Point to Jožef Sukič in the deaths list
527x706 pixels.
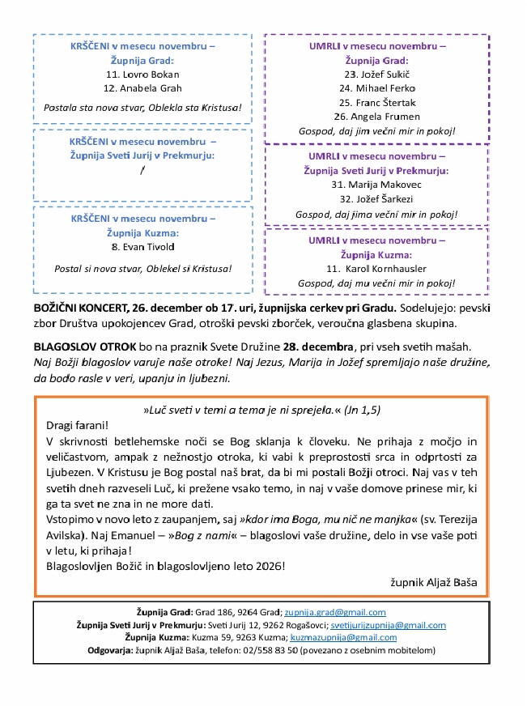coord(383,74)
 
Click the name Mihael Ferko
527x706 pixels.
coord(383,88)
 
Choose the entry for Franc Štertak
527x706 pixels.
coord(383,103)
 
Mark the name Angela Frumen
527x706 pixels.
coord(383,117)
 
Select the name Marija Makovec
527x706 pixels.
coord(383,185)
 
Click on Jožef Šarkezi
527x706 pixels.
coord(383,199)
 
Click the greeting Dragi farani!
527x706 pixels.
coord(78,426)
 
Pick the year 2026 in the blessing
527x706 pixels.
coord(269,566)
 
